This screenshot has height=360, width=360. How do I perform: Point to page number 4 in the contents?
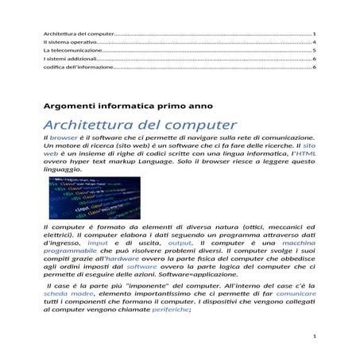tap(315, 42)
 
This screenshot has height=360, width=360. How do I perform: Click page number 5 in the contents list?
tap(315, 50)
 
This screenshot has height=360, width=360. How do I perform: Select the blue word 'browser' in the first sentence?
tap(64, 139)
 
